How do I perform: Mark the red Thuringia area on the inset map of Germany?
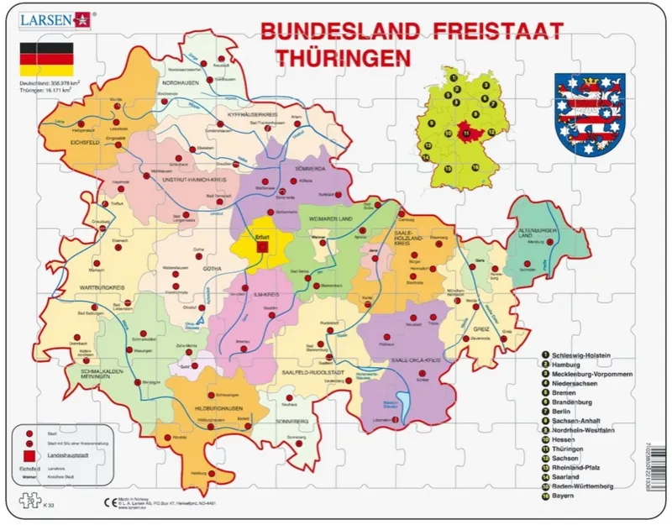click(x=467, y=131)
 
